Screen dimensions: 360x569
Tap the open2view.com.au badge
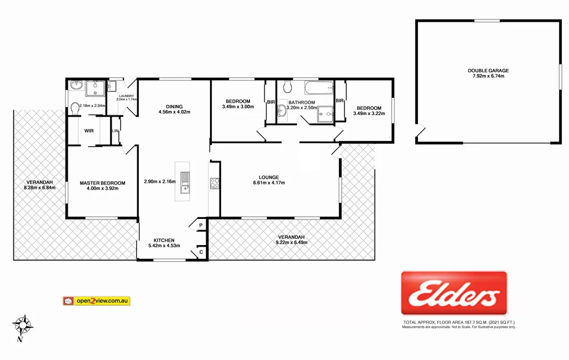tap(96, 301)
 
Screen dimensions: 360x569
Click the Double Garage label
tap(488, 71)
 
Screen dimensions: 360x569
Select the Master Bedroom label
tap(102, 183)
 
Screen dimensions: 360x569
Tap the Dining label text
tap(174, 107)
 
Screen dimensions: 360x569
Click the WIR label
tap(88, 131)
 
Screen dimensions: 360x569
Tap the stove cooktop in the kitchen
tap(214, 183)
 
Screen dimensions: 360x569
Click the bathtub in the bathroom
tap(318, 88)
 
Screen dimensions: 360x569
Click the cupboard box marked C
tap(201, 252)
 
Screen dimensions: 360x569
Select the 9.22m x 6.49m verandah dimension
tap(292, 242)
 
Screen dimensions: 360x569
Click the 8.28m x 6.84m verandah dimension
tap(38, 188)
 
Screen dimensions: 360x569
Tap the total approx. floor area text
tap(459, 322)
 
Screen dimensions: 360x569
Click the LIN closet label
tap(115, 131)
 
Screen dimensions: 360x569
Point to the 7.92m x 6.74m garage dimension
tap(488, 76)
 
